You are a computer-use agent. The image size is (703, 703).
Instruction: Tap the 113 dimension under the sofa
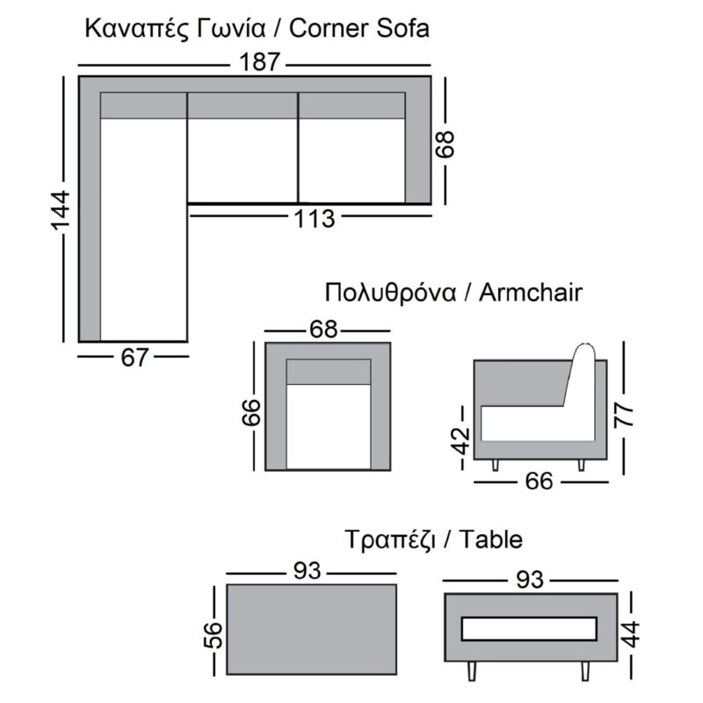click(x=314, y=218)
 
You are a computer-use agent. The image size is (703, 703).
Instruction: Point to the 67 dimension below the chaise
click(x=134, y=357)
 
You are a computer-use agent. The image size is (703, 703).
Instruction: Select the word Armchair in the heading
click(x=530, y=292)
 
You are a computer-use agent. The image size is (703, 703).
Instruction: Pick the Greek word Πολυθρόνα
click(x=389, y=292)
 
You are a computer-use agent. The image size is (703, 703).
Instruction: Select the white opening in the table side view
click(x=529, y=628)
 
